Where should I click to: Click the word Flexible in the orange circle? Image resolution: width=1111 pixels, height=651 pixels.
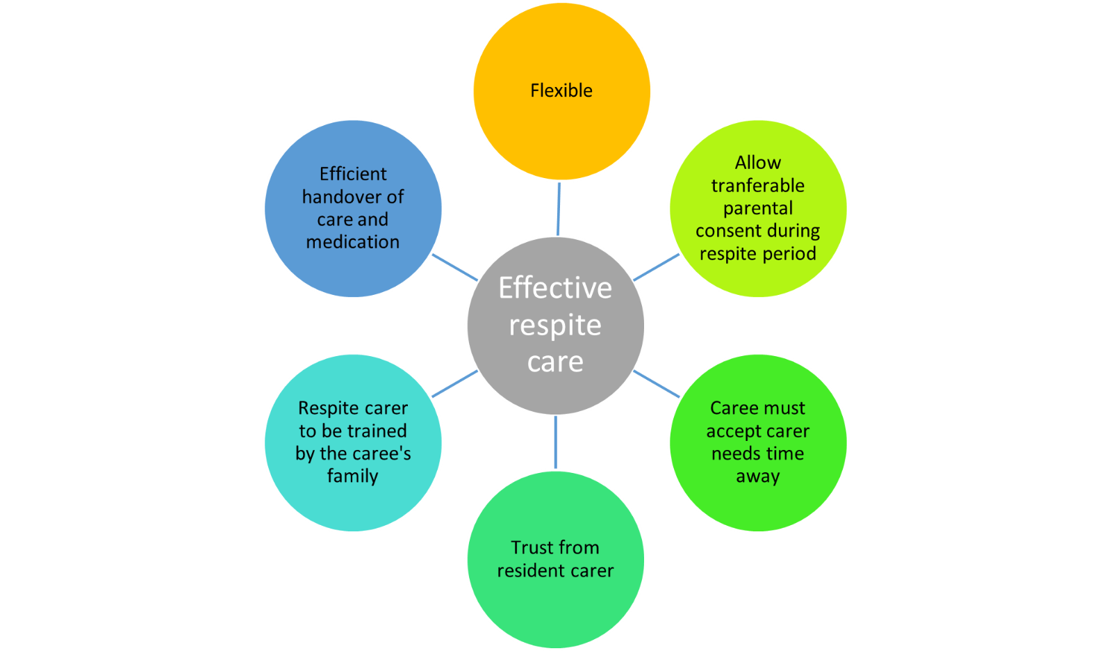coord(561,90)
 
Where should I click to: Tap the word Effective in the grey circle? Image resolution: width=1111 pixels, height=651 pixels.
coord(555,288)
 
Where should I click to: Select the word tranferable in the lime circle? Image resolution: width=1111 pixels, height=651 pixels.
coord(757,186)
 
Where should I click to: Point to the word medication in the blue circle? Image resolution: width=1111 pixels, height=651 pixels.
coord(353,242)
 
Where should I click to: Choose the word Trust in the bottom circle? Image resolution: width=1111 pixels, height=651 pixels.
coord(532,548)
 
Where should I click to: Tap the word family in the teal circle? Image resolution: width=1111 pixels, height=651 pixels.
coord(353,476)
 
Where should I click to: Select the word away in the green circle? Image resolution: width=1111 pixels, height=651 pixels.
coord(758,476)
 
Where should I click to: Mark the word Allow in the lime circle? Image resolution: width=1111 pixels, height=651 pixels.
coord(758,163)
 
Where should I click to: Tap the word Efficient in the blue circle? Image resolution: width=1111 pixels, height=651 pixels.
coord(353,174)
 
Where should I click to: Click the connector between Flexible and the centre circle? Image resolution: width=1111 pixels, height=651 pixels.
coord(559,209)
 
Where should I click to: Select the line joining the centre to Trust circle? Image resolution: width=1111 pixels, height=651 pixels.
coord(555,442)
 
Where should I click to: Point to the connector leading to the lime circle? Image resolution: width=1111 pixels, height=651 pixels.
coord(657,267)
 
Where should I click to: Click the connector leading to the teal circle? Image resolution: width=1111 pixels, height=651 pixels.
coord(455,384)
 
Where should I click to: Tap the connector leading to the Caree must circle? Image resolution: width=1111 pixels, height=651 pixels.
coord(657,384)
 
